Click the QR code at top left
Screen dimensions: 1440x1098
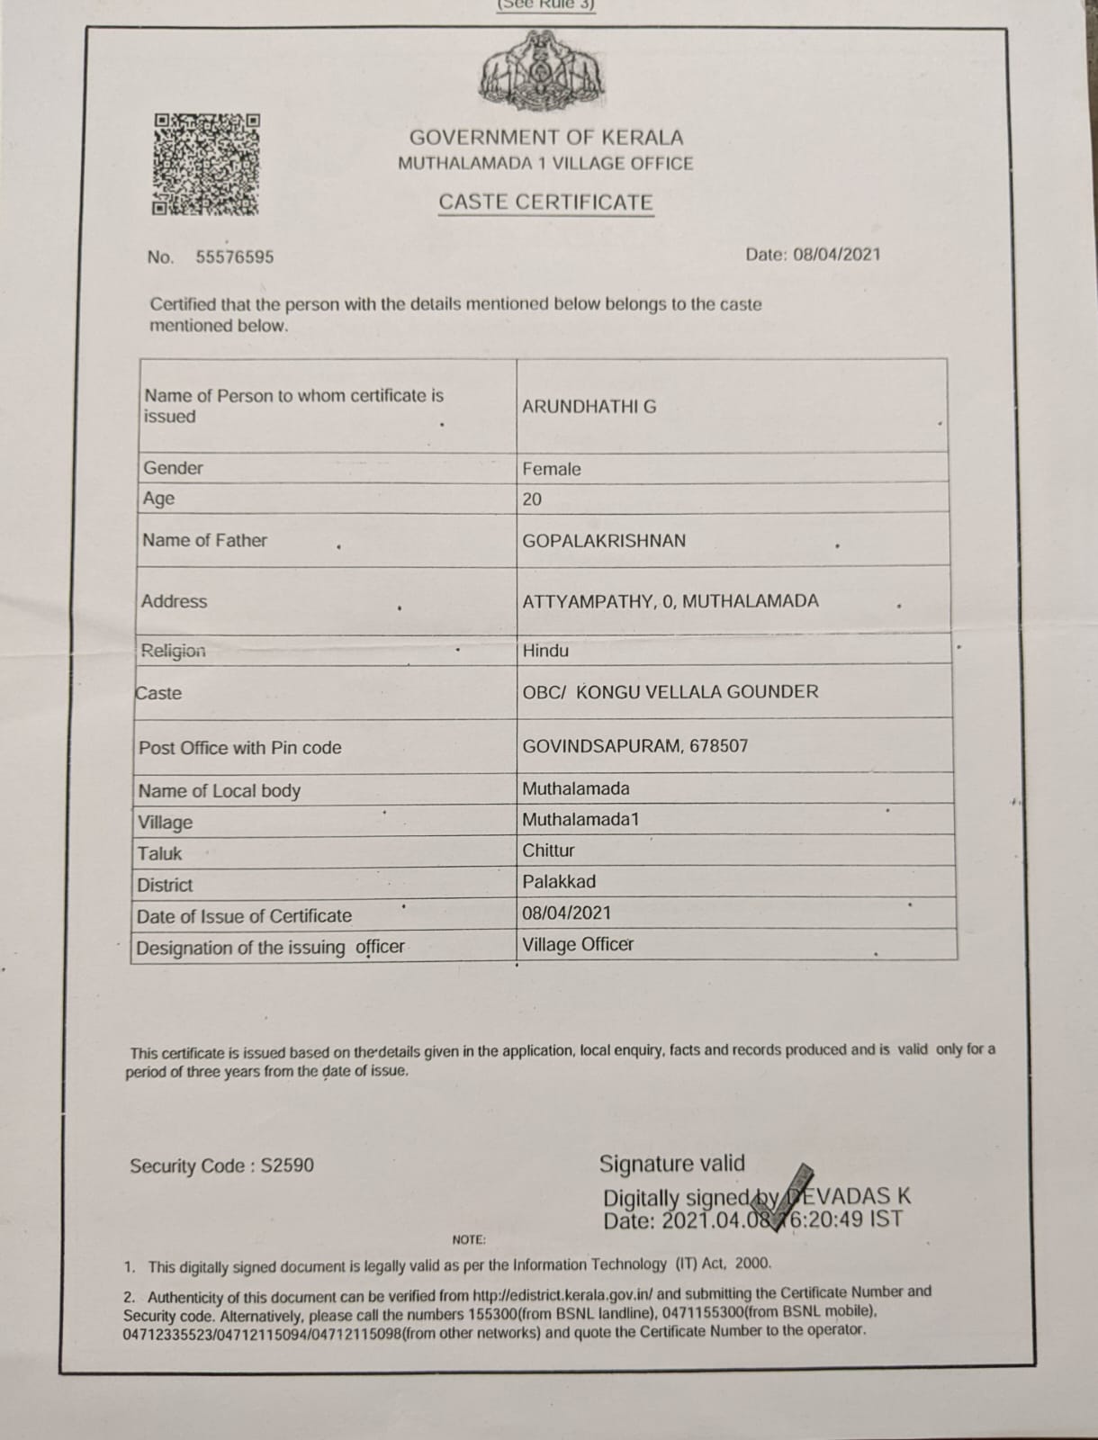(206, 164)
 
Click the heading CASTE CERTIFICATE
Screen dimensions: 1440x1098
(545, 202)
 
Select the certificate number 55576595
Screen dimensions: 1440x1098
(235, 257)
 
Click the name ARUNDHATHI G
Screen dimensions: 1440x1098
(589, 407)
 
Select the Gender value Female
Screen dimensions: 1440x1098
(552, 469)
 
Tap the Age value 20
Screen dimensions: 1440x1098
(532, 499)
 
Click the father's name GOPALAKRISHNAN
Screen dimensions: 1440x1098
(604, 541)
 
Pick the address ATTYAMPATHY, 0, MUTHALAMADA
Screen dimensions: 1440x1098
(670, 601)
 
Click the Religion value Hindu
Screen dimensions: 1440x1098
(545, 651)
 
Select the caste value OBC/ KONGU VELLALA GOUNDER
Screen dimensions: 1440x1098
(670, 692)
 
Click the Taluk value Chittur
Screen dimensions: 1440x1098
(548, 850)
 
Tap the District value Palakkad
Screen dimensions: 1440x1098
(559, 882)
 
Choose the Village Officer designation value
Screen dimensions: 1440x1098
(578, 945)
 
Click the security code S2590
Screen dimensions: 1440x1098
(287, 1166)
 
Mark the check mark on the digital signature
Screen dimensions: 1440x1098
(793, 1192)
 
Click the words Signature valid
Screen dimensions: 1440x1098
(672, 1164)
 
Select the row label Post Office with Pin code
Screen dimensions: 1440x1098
(240, 748)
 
